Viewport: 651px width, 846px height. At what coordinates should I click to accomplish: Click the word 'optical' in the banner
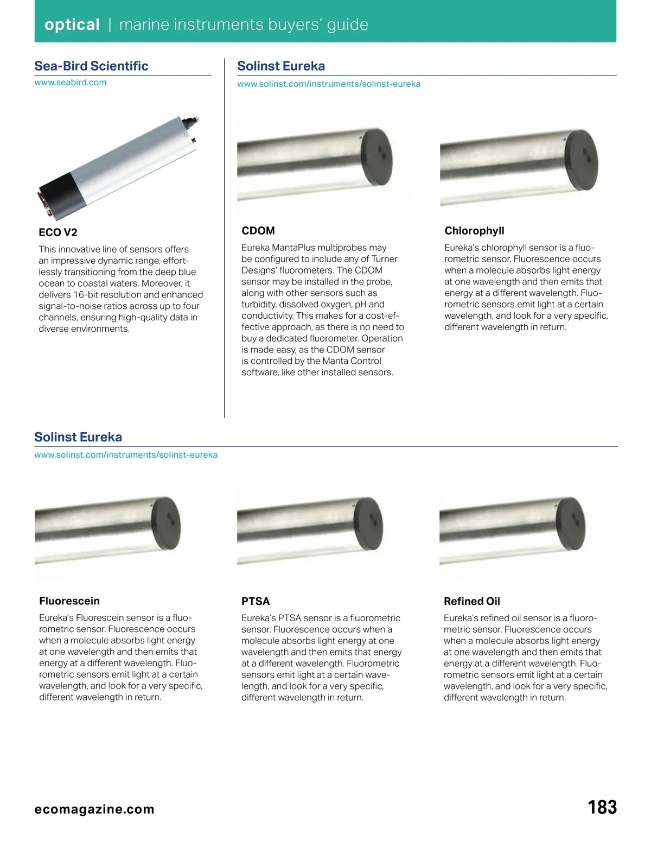point(72,24)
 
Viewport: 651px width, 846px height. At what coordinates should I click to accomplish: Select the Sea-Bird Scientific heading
point(91,66)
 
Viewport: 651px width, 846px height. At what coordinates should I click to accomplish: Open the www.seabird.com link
point(70,83)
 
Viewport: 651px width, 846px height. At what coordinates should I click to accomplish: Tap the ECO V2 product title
point(58,232)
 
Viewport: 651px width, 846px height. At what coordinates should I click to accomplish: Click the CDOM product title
point(258,231)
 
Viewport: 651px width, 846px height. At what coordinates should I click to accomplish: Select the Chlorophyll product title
point(474,231)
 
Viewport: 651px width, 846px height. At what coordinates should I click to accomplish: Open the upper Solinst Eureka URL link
point(329,84)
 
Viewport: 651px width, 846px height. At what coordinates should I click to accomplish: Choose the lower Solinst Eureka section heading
point(78,437)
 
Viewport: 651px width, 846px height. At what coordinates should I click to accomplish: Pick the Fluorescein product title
point(69,601)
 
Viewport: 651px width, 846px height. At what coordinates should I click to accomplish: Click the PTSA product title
point(256,601)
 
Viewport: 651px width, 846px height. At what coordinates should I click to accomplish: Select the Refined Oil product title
point(472,601)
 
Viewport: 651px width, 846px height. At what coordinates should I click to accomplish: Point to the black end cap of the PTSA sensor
point(368,525)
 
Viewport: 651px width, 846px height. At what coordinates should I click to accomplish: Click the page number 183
point(602,807)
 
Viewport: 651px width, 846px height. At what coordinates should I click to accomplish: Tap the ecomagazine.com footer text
point(94,809)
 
